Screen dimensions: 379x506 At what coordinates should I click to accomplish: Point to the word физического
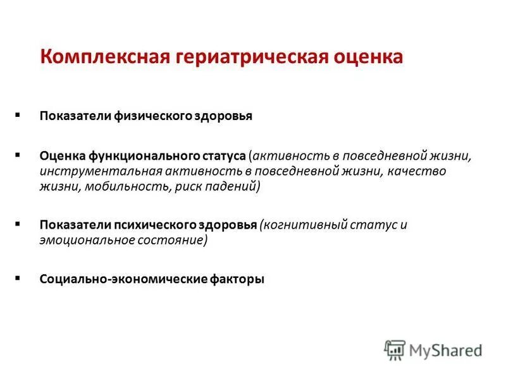point(150,116)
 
